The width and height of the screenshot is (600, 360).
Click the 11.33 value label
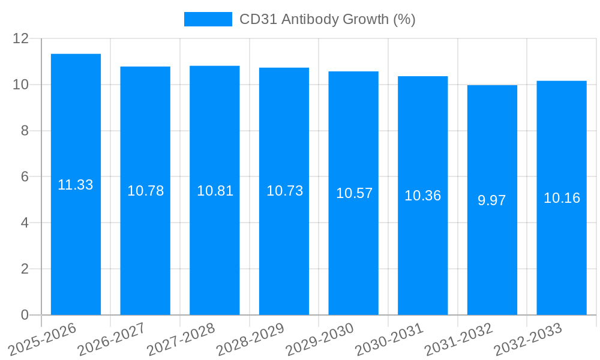coord(76,185)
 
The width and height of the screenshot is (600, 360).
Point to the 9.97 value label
coord(492,200)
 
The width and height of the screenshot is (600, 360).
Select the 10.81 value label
coord(215,191)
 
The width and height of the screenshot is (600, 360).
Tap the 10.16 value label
coord(562,198)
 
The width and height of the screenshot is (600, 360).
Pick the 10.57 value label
coord(354,193)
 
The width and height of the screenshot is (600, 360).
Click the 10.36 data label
coord(422,196)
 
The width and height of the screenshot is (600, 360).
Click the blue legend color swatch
coord(208,19)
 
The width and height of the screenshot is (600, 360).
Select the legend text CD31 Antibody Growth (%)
coord(327,19)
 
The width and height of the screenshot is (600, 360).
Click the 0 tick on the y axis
coord(25,315)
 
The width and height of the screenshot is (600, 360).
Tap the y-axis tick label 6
coord(25,177)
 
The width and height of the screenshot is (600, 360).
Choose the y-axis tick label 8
coord(25,131)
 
